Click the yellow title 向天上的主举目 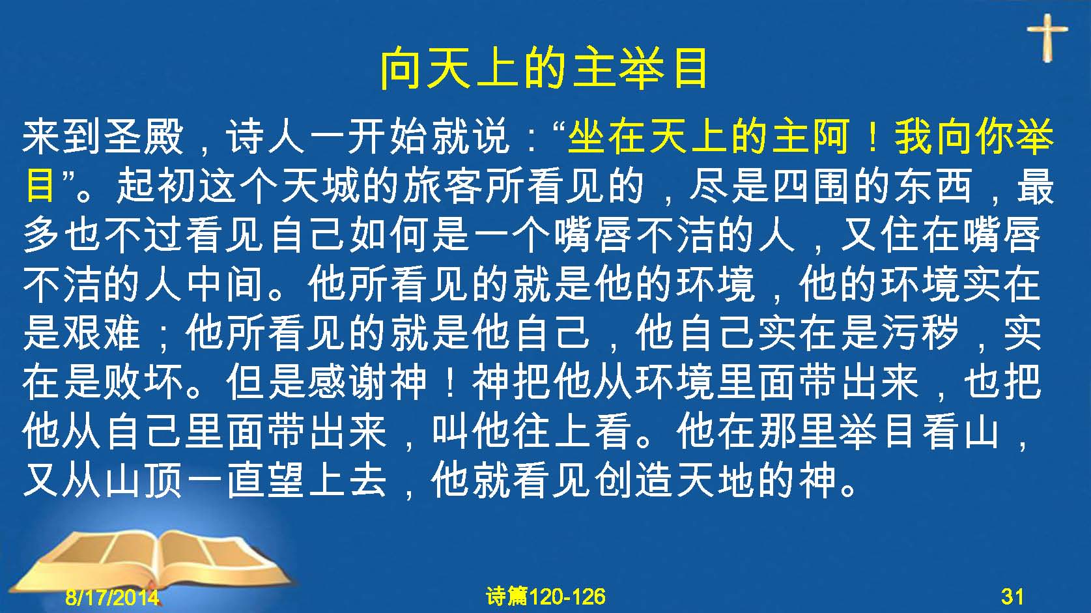pyautogui.click(x=544, y=68)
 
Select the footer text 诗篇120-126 pyautogui.click(x=546, y=597)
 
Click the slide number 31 pyautogui.click(x=1012, y=597)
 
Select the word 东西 pyautogui.click(x=931, y=186)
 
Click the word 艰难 pyautogui.click(x=102, y=334)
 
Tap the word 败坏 pyautogui.click(x=144, y=382)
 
